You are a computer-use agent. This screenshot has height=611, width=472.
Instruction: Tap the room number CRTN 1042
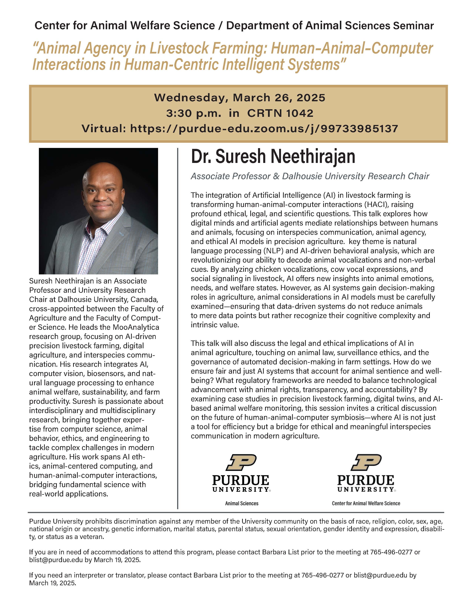pos(280,113)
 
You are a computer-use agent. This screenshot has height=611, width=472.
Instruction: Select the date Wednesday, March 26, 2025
pos(240,98)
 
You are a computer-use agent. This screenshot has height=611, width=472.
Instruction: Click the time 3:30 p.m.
pos(193,113)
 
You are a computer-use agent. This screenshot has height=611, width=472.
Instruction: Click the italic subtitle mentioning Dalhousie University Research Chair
pos(310,176)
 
